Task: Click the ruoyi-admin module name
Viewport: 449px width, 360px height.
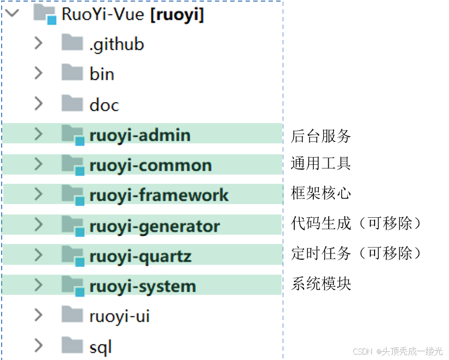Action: click(139, 135)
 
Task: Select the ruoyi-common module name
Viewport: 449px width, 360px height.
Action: click(150, 165)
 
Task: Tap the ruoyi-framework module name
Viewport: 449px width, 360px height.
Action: click(159, 195)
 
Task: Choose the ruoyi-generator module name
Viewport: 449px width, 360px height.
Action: click(154, 226)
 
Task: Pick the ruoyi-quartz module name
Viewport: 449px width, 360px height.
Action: click(140, 256)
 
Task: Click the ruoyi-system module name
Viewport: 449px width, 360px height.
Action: click(142, 286)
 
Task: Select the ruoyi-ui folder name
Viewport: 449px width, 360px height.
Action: click(119, 316)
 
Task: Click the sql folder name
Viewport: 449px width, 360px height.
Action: click(101, 346)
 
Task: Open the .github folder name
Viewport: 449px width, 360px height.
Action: click(116, 44)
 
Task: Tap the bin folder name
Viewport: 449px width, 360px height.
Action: click(102, 74)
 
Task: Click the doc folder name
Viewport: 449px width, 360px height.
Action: click(104, 104)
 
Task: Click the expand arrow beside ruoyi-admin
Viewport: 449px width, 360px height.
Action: click(38, 134)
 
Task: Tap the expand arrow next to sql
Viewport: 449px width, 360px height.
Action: click(38, 345)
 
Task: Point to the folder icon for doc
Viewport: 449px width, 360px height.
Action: click(72, 103)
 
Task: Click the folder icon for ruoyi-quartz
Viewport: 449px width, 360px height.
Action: click(73, 255)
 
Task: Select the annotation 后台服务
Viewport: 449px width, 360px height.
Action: click(320, 136)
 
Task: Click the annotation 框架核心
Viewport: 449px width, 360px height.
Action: click(320, 193)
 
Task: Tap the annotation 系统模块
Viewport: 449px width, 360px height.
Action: click(320, 283)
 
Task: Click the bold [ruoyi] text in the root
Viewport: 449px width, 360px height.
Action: click(177, 15)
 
